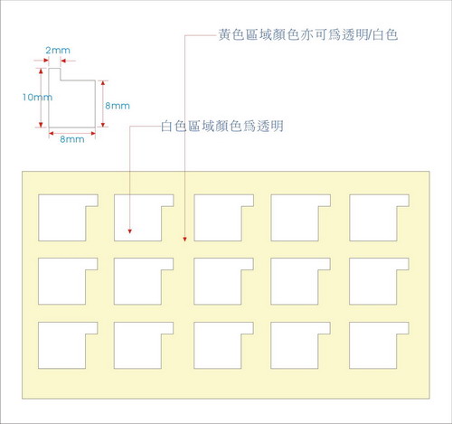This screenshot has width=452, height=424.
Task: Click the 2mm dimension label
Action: click(x=58, y=50)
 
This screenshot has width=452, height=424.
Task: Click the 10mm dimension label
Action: click(x=37, y=97)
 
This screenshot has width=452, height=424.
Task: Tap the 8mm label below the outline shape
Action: click(x=72, y=139)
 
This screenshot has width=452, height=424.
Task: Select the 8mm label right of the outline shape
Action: click(x=118, y=106)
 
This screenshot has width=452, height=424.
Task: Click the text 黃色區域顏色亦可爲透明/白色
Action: click(x=308, y=34)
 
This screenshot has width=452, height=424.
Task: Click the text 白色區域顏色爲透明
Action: click(x=222, y=126)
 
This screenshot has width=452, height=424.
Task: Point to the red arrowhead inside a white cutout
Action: click(x=130, y=231)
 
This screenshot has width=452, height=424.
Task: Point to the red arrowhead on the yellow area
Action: click(x=184, y=240)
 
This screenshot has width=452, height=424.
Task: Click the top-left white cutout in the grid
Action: click(x=62, y=218)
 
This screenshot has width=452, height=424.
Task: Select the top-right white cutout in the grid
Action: click(x=373, y=218)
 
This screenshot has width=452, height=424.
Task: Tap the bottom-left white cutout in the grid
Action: click(x=62, y=345)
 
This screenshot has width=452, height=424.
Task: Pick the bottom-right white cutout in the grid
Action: click(x=373, y=345)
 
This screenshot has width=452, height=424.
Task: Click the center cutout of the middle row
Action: click(x=218, y=281)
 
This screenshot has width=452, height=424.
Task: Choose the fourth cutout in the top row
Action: click(x=295, y=218)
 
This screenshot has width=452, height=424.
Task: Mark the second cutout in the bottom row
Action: click(x=137, y=345)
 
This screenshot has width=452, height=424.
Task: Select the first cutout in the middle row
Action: click(x=62, y=281)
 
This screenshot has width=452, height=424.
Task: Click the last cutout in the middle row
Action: click(x=373, y=281)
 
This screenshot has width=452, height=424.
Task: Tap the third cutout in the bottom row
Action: click(x=218, y=345)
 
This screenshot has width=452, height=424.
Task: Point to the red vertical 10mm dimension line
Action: click(x=42, y=98)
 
